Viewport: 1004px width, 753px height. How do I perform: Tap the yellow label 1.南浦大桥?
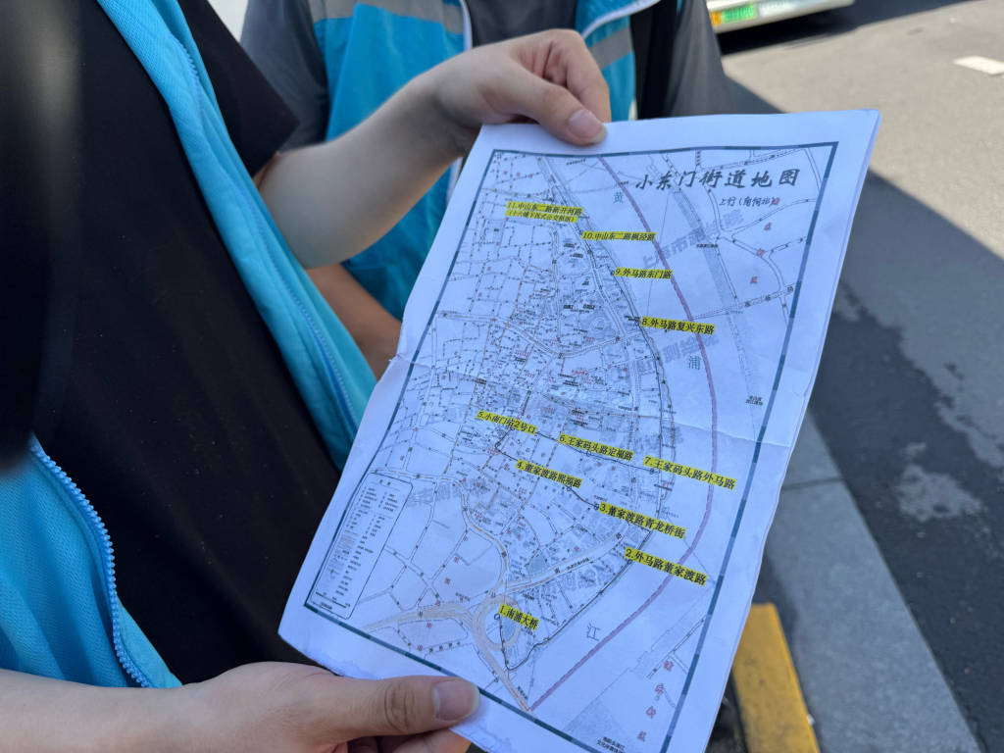[518, 616]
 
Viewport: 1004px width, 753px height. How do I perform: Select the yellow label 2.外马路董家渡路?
[667, 567]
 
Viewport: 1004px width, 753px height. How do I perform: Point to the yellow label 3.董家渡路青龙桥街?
[642, 520]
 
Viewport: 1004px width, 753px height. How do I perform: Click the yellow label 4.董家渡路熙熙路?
[549, 474]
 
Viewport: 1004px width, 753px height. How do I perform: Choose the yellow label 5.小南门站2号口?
[507, 422]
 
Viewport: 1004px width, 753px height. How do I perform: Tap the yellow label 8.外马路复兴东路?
[678, 325]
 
